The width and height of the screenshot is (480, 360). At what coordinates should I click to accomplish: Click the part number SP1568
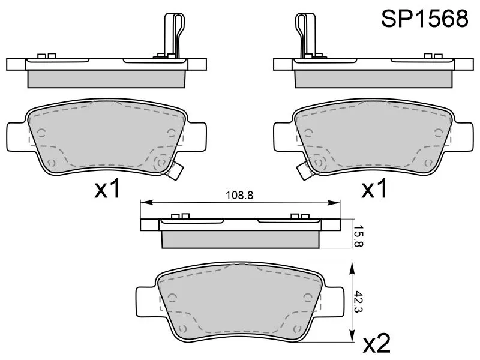coord(424,19)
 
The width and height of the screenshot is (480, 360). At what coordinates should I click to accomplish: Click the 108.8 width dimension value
coord(239,196)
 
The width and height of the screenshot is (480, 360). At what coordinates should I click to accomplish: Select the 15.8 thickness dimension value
coord(358,236)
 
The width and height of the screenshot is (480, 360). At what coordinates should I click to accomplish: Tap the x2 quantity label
coord(377,343)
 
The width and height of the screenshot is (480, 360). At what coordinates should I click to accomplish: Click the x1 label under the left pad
coord(107,188)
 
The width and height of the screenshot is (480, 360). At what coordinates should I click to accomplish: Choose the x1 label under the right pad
coord(374,188)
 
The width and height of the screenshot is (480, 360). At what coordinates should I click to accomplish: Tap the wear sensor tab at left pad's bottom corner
coord(174,171)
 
